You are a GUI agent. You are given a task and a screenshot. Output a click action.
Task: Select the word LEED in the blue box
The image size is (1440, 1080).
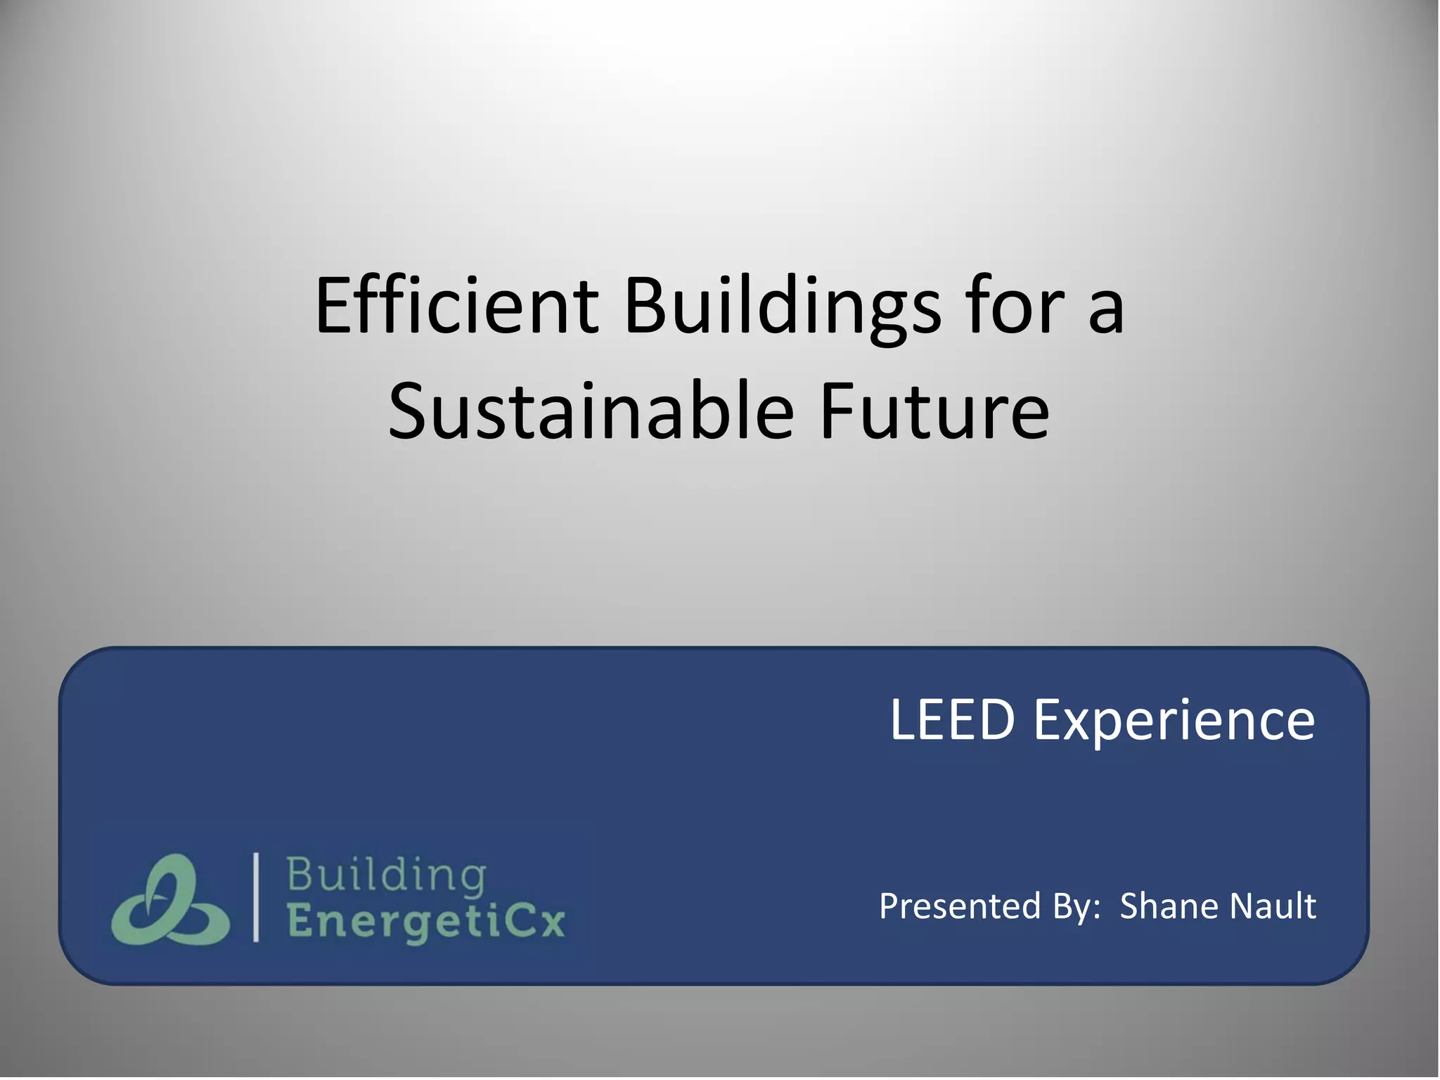[x=952, y=720]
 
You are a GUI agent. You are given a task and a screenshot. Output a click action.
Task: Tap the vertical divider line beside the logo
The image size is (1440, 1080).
[x=256, y=896]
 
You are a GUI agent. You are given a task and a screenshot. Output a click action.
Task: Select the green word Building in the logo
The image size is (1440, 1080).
[x=386, y=875]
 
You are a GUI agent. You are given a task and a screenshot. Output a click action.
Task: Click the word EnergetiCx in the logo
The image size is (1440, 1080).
[x=426, y=922]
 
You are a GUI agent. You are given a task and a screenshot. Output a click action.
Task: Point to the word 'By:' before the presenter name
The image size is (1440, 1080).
[x=1076, y=906]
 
